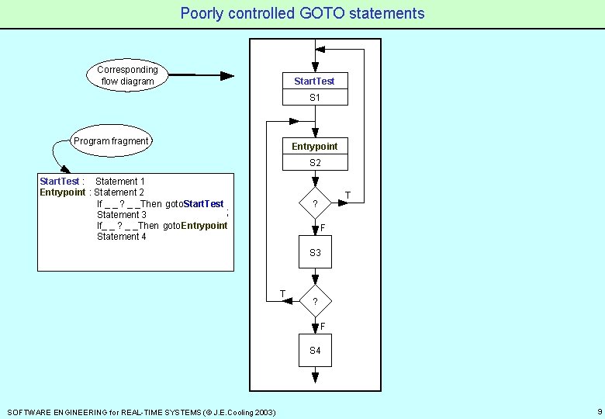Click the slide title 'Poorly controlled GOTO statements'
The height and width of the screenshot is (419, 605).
(x=302, y=13)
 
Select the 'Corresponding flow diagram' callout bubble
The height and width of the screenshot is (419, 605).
(x=127, y=75)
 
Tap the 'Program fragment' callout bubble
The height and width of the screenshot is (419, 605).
(x=111, y=141)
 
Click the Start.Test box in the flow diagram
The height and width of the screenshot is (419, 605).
(x=314, y=81)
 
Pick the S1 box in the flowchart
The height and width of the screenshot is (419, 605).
(x=314, y=98)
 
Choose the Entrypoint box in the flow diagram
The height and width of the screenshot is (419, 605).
(x=314, y=146)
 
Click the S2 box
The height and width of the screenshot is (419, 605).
(x=314, y=163)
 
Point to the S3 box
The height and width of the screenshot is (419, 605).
(x=315, y=253)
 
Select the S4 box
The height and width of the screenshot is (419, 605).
(x=315, y=351)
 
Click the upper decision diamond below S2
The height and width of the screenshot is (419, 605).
(x=315, y=204)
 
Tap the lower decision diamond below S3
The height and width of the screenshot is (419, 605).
(x=315, y=301)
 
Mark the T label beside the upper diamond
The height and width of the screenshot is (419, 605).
(x=347, y=195)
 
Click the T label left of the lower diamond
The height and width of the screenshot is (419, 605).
(x=283, y=293)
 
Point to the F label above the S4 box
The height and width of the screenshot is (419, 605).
(x=323, y=325)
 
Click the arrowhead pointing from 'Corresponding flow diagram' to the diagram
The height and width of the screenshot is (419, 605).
(x=226, y=76)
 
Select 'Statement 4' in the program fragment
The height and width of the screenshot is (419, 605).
(x=122, y=237)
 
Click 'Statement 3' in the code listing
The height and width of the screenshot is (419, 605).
(x=122, y=214)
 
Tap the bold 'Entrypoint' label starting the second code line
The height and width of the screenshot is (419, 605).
(x=63, y=192)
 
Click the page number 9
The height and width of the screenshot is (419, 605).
(x=600, y=411)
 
